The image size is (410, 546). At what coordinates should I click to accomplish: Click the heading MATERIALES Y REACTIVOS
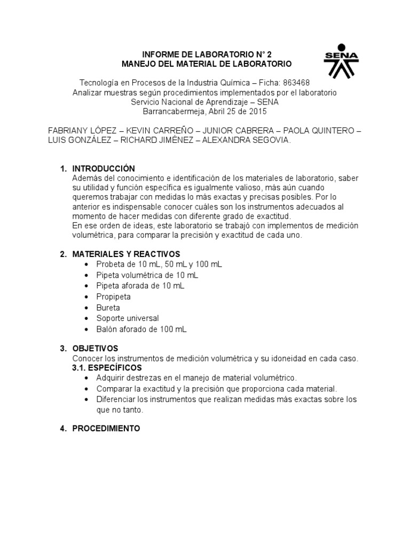pos(126,253)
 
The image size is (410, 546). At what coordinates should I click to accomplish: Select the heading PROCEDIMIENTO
pos(106,428)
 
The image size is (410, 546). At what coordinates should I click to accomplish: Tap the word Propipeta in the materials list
pos(113,296)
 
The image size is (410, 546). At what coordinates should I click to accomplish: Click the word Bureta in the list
pos(108,308)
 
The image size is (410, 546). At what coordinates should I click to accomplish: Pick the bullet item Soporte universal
pos(128,318)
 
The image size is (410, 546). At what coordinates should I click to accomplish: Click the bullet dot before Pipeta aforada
pos(87,286)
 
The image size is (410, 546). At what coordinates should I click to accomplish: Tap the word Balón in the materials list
pos(107,329)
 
